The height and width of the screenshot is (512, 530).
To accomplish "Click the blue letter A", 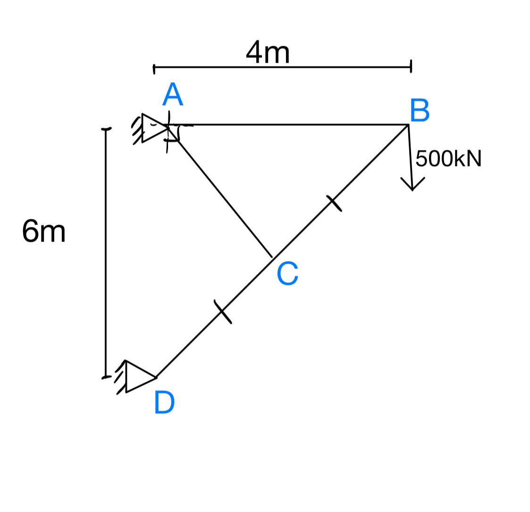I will [x=172, y=95].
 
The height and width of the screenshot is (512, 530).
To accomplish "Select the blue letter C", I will [x=287, y=274].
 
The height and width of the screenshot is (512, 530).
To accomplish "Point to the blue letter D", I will [x=164, y=403].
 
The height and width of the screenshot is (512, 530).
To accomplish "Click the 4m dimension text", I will [x=268, y=53].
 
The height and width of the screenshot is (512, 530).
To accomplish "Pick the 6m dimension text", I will [x=43, y=232].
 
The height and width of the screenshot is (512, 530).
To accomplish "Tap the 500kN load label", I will [x=448, y=159].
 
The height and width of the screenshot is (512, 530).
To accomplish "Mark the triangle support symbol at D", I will [x=138, y=377].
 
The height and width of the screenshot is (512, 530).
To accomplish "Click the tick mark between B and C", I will [x=334, y=203].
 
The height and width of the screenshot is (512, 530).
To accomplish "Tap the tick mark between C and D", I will [x=223, y=311].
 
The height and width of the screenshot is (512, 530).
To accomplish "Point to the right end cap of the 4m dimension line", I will [x=411, y=67].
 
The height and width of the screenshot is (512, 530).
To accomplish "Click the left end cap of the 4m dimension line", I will [x=154, y=69].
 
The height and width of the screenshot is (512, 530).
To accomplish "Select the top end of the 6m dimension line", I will [x=106, y=129].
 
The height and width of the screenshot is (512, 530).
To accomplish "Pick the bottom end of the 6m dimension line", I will [x=106, y=377].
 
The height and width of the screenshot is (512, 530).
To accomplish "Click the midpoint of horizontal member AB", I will [x=289, y=125].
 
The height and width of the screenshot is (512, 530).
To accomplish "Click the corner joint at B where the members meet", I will [x=408, y=125].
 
